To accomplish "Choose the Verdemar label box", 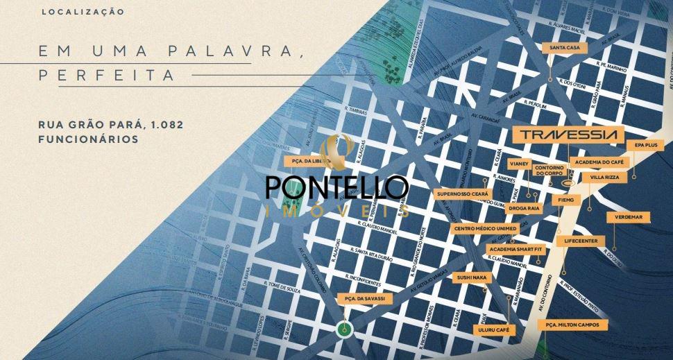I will click(x=627, y=217).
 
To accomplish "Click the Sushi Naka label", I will click(x=472, y=278).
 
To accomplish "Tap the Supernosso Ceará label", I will click(x=463, y=194).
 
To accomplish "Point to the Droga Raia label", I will click(x=524, y=207).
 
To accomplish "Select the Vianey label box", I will click(x=519, y=164).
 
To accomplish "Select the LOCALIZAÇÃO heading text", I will click(x=83, y=12).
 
